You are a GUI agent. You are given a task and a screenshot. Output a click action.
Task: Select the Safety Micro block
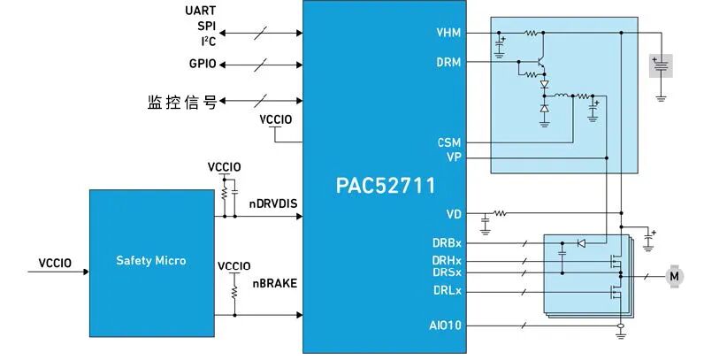point(151,261)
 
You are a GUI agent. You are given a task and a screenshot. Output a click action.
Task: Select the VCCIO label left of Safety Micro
point(55,263)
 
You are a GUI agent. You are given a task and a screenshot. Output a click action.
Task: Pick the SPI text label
point(205,26)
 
